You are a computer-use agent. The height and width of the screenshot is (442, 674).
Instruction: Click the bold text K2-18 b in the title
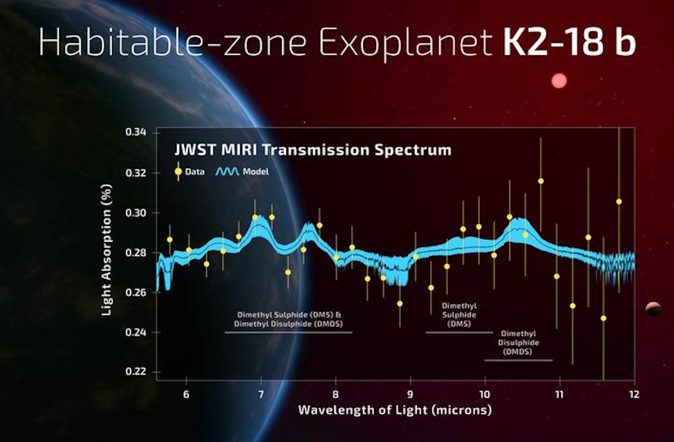[x=569, y=42]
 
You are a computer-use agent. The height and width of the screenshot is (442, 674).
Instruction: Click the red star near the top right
[x=559, y=81]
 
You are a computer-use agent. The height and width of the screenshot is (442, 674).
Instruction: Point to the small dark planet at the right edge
[x=653, y=309]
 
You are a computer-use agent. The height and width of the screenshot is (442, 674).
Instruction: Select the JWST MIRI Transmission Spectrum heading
[x=313, y=150]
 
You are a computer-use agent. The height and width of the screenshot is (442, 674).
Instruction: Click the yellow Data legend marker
[x=178, y=171]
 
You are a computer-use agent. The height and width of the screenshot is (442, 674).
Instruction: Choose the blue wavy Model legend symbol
[x=227, y=171]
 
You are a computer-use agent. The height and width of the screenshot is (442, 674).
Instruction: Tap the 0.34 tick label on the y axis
[x=136, y=132]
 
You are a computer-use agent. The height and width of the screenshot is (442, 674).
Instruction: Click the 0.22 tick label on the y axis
[x=136, y=371]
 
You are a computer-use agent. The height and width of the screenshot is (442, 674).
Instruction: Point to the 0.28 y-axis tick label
[x=136, y=252]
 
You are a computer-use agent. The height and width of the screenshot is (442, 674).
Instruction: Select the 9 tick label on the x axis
[x=410, y=394]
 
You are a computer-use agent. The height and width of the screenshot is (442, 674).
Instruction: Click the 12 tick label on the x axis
[x=634, y=394]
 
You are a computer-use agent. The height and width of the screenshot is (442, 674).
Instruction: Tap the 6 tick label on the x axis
[x=186, y=394]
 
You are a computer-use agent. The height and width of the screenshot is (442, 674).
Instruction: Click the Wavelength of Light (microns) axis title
[x=395, y=410]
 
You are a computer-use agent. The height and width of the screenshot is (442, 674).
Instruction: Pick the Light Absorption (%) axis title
[x=106, y=250]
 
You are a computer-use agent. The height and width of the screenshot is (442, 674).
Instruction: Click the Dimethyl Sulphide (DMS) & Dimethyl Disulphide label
[x=289, y=319]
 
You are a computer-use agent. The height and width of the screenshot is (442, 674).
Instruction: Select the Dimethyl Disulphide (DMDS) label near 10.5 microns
[x=518, y=343]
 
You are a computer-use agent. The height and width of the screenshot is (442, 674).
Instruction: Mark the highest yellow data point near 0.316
[x=541, y=181]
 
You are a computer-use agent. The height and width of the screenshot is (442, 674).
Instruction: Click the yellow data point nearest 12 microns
[x=619, y=202]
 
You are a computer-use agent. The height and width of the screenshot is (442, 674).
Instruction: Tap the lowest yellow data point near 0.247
[x=603, y=318]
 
